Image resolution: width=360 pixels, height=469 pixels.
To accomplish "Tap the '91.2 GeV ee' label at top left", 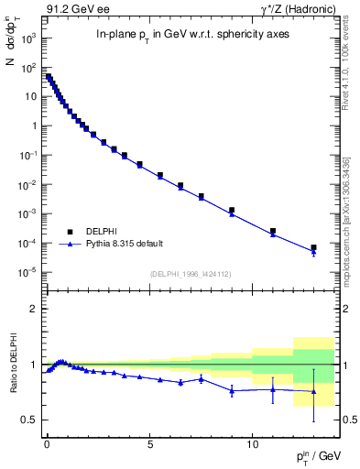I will coord(73,9).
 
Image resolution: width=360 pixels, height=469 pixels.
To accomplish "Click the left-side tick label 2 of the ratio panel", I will coord(34,310).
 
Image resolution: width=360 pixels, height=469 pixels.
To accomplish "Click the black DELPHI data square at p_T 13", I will coord(313,247).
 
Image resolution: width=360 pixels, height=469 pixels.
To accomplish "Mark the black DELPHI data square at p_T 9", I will coord(232,210).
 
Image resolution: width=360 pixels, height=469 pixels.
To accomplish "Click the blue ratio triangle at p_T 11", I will coord(273,389).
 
